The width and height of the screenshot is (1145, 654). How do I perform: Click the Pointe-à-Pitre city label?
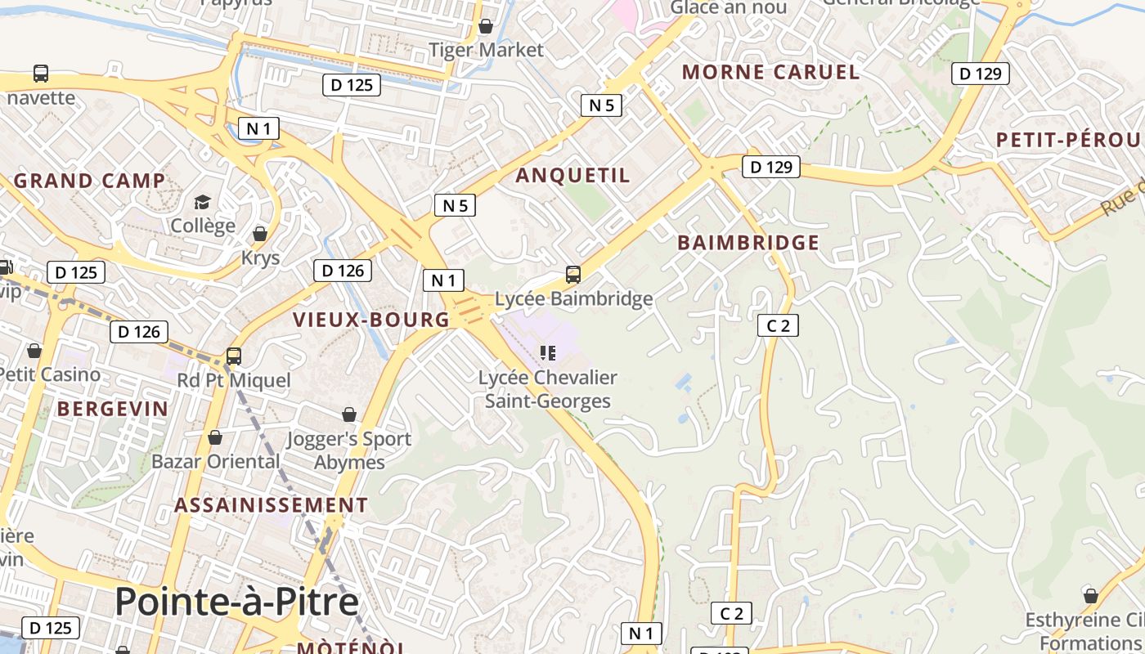point(236,602)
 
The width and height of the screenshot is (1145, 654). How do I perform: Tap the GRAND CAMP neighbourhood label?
point(89,181)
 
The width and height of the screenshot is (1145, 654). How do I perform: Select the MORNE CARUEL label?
point(770,72)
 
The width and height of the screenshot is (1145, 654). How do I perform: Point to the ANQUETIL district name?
point(572,175)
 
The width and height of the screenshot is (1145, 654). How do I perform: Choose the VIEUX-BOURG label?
point(371,320)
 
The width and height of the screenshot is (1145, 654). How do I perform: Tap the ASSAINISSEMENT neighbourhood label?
point(271,505)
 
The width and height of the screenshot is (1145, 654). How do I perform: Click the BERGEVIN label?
point(113,409)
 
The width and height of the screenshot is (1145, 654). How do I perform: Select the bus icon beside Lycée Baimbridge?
point(573,275)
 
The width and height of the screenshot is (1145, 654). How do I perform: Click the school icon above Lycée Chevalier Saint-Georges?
point(548,353)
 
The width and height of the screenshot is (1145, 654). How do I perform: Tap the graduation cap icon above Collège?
point(202,202)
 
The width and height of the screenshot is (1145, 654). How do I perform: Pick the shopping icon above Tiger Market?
point(486,26)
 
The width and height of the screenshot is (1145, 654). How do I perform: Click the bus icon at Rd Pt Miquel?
point(234,356)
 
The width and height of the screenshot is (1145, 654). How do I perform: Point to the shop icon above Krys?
point(260,235)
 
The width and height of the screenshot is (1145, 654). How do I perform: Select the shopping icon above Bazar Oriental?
point(215,438)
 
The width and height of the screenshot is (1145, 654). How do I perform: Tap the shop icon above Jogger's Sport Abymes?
point(349,414)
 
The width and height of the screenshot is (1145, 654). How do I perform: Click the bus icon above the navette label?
point(41,74)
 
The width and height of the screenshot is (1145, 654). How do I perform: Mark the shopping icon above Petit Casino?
point(34,351)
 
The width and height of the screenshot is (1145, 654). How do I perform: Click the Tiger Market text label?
point(486,50)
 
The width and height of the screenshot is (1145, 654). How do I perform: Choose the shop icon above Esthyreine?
point(1090,595)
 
